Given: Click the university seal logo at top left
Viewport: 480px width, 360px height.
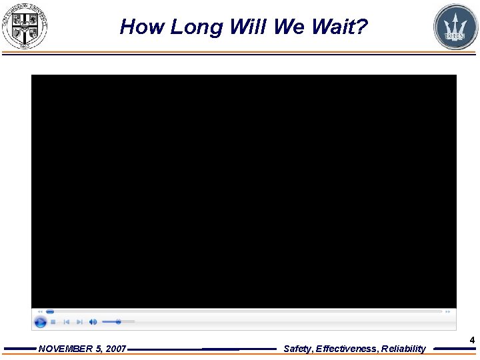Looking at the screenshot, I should (25, 26).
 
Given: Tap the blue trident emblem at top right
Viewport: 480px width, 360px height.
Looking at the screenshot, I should (455, 27).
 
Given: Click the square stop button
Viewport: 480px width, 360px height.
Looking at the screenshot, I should (53, 322).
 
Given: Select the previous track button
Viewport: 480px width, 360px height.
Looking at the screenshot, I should (66, 322).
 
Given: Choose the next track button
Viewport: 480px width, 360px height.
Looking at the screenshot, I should (79, 322).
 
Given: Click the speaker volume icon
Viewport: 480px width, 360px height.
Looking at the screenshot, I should (93, 322).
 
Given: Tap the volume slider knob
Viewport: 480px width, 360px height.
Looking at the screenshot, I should (118, 322).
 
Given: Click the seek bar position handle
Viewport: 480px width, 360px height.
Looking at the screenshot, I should (50, 311).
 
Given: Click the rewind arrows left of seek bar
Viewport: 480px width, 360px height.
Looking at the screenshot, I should (40, 311).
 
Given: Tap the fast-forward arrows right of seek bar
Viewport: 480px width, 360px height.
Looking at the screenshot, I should (447, 311).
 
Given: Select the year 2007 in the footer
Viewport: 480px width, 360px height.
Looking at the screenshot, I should (115, 349).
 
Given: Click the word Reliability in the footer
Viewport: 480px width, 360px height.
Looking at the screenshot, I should (403, 349).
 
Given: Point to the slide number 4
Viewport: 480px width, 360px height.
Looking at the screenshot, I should (472, 341).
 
